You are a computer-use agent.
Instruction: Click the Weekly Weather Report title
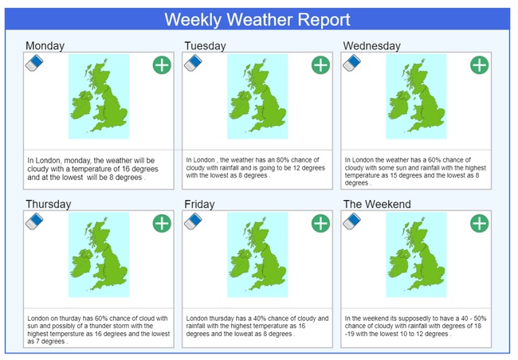tap(257, 19)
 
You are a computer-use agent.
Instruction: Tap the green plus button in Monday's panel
tap(162, 65)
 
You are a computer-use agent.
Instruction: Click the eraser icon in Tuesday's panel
tap(193, 63)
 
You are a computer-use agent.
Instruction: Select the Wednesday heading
tap(371, 46)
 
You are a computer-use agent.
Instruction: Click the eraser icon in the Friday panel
tap(193, 221)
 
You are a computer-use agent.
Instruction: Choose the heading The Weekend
tap(377, 204)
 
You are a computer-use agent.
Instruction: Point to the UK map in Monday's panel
tap(99, 96)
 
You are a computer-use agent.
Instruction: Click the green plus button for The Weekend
tap(479, 223)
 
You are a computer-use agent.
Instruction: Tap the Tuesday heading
tap(205, 46)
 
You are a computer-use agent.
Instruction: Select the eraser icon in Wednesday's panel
tap(351, 63)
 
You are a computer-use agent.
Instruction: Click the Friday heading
tap(199, 204)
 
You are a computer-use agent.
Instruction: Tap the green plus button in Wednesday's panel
tap(479, 65)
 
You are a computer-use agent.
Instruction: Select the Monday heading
tap(45, 46)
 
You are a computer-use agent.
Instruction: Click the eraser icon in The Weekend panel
tap(351, 221)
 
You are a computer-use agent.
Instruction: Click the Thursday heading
tap(49, 204)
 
